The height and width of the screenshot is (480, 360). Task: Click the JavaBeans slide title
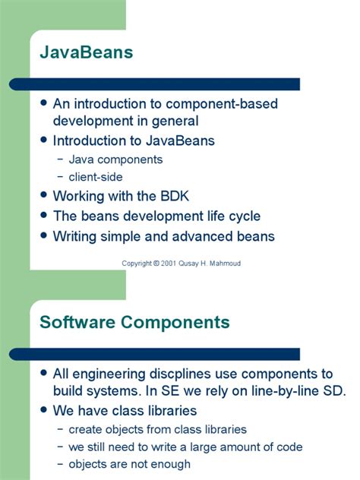pyautogui.click(x=87, y=52)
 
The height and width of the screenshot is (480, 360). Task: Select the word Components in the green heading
pyautogui.click(x=175, y=322)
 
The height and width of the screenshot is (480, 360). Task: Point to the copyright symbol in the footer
pyautogui.click(x=156, y=264)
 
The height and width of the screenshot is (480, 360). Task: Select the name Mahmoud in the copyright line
pyautogui.click(x=225, y=264)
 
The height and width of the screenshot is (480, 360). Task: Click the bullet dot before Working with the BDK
pyautogui.click(x=44, y=195)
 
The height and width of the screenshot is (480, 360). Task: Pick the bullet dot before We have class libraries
pyautogui.click(x=44, y=409)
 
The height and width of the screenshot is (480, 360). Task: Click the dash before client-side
pyautogui.click(x=61, y=177)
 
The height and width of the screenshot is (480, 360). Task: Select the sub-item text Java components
pyautogui.click(x=115, y=159)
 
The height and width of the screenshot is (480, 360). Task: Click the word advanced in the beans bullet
pyautogui.click(x=201, y=236)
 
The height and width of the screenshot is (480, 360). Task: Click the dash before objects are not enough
pyautogui.click(x=61, y=464)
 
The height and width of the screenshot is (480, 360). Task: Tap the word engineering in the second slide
pyautogui.click(x=109, y=374)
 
